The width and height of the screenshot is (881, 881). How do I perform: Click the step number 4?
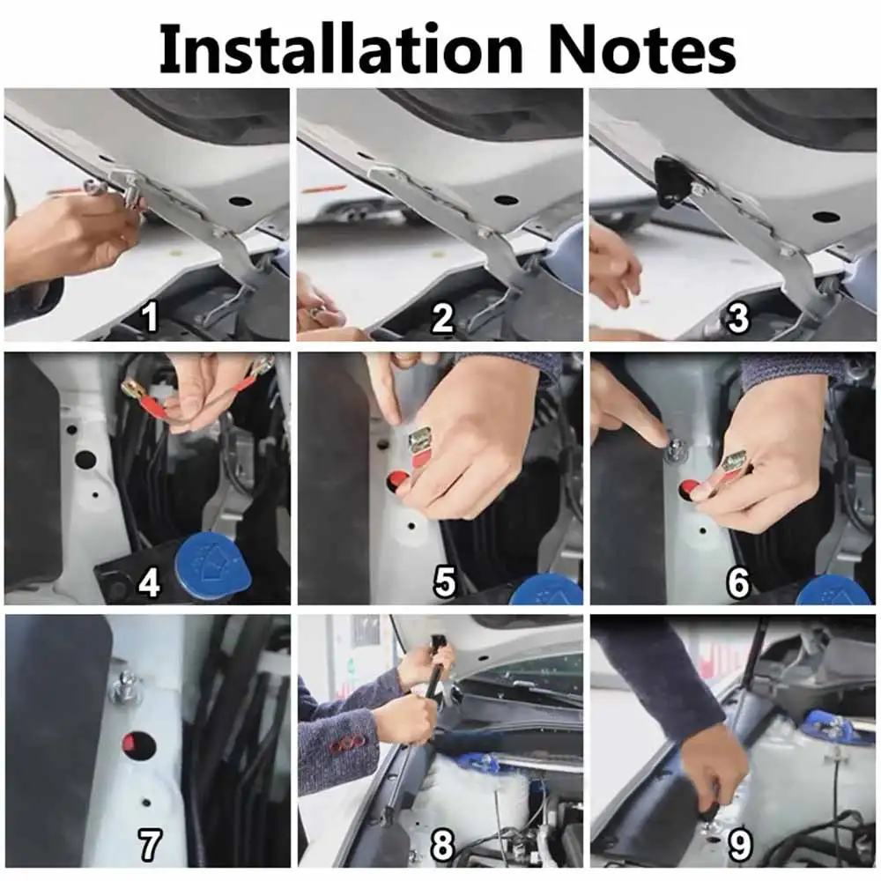150,583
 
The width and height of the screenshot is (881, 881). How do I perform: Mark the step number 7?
150,844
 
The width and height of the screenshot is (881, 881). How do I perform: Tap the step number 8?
443,844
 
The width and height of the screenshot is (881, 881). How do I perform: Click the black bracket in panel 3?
672,181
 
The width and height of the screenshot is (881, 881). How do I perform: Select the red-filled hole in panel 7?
139,745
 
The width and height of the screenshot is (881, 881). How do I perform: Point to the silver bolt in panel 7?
126,685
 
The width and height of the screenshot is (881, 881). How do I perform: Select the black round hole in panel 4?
85,459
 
